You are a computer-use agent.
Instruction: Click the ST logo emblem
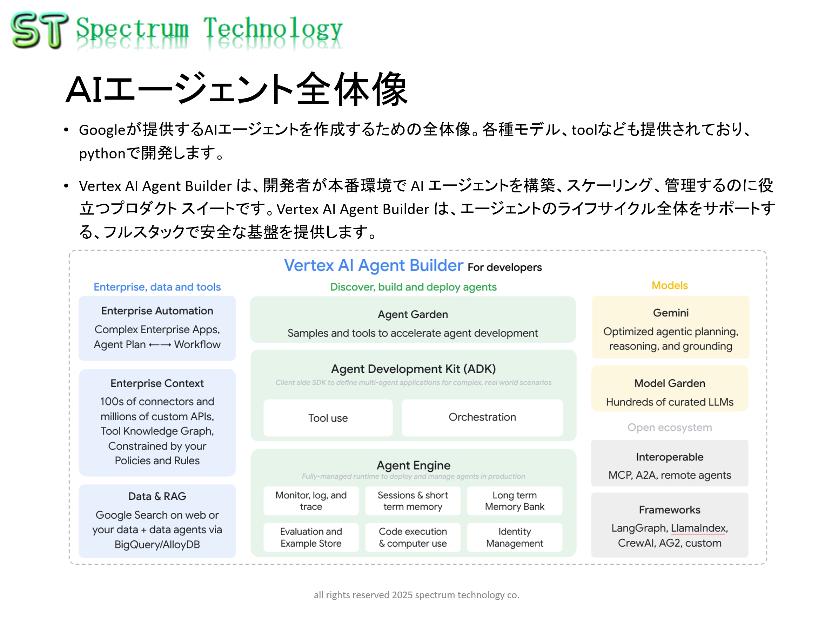click(40, 30)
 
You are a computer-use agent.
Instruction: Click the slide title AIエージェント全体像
click(236, 89)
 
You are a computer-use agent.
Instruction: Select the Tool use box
click(328, 418)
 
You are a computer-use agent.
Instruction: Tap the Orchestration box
click(482, 417)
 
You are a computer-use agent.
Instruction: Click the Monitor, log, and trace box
click(311, 501)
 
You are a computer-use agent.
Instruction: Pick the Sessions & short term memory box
click(412, 501)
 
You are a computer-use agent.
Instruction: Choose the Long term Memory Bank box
click(515, 501)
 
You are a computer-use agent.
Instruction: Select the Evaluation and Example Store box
click(311, 537)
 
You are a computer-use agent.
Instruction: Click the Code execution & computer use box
click(412, 537)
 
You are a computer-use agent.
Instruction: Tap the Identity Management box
click(515, 537)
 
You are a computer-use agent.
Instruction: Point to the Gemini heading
click(671, 313)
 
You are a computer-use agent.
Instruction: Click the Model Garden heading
click(670, 383)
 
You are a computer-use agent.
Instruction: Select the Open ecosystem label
click(670, 428)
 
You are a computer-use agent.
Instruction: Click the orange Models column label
click(670, 285)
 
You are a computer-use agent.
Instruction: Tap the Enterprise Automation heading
click(157, 311)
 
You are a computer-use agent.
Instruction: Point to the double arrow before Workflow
click(160, 345)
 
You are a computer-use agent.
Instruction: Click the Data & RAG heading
click(157, 496)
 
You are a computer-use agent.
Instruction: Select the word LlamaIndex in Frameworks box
click(698, 528)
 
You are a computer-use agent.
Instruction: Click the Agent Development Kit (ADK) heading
click(413, 369)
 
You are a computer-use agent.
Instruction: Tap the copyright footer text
click(416, 595)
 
